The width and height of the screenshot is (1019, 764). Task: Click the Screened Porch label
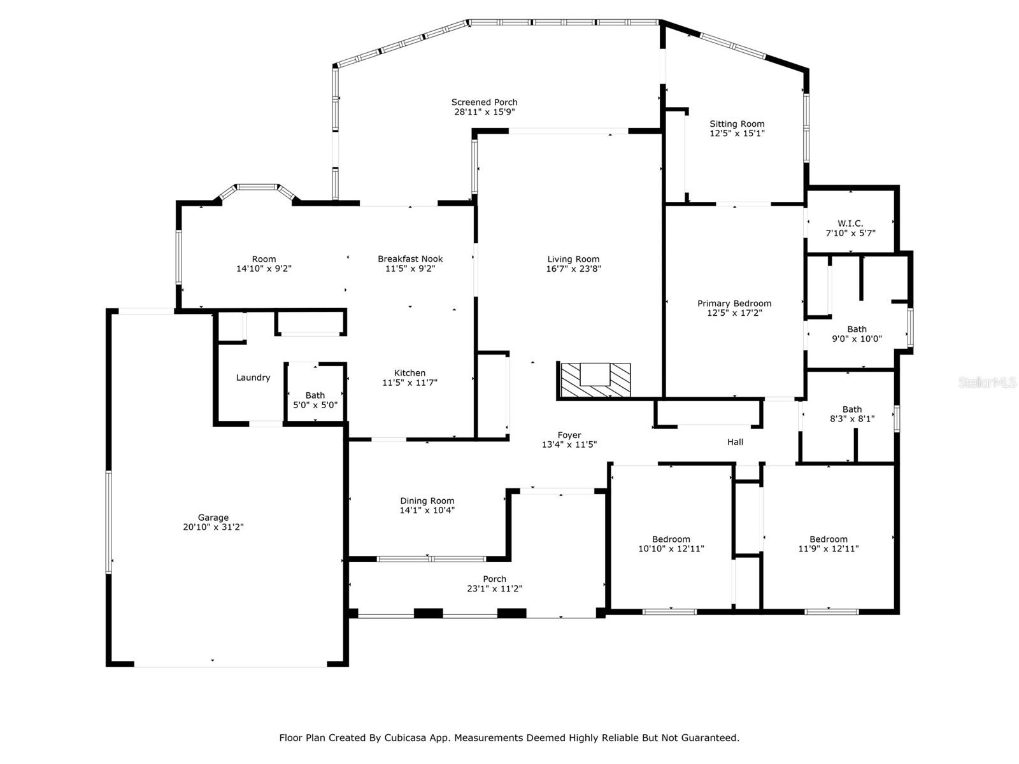(484, 102)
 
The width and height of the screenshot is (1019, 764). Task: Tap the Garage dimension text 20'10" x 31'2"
(213, 527)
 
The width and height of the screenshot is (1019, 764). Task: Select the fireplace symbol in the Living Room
(595, 380)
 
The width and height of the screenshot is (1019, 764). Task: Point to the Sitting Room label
(737, 124)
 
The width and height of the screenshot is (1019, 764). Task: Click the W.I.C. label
(850, 223)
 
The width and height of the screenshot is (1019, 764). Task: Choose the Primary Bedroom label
(734, 304)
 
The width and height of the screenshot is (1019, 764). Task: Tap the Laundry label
(253, 378)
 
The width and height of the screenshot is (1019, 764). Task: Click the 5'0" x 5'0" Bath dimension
(315, 405)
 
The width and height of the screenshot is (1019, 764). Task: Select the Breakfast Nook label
(410, 259)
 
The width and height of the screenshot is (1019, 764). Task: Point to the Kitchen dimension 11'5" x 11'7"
(410, 383)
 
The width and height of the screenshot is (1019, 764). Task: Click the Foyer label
(569, 435)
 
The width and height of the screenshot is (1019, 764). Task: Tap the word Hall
(735, 442)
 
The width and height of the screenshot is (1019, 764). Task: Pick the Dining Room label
(427, 501)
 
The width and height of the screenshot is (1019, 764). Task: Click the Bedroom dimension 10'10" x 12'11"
(671, 549)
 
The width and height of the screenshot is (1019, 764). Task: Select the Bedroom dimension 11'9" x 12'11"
(828, 549)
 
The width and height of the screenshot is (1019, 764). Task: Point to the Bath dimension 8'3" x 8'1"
(852, 419)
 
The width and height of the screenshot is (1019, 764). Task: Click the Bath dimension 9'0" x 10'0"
(857, 339)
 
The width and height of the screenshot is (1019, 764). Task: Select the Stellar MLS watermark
(987, 382)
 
